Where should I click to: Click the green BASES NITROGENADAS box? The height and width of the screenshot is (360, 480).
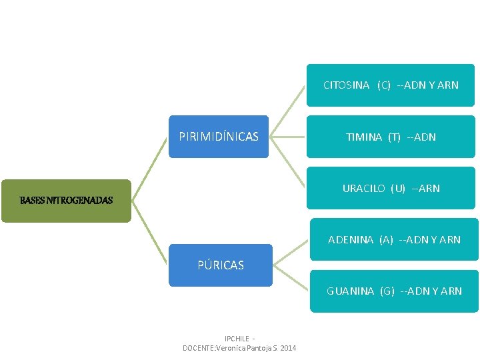pos(66,199)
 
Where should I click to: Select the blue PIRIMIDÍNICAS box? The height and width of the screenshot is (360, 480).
pos(219,137)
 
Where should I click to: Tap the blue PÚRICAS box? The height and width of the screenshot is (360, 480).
pos(221,265)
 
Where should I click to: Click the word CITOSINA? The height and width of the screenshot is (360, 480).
pos(346,85)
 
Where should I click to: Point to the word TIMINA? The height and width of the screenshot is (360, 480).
pos(364,137)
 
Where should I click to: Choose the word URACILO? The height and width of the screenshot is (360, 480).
pos(363,189)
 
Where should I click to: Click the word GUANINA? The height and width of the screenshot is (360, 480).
pos(349,291)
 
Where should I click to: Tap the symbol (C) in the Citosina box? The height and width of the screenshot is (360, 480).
pos(383,85)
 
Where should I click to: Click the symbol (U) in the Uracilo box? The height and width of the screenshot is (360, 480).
pos(398,189)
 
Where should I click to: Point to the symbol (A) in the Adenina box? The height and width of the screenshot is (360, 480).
pos(386,240)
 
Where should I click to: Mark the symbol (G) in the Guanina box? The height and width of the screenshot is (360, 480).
pos(387,291)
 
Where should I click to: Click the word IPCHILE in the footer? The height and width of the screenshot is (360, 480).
pos(237,339)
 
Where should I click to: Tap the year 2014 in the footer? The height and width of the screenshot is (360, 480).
pos(288,348)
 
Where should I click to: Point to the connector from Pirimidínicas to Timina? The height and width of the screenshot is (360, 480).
pos(287,137)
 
